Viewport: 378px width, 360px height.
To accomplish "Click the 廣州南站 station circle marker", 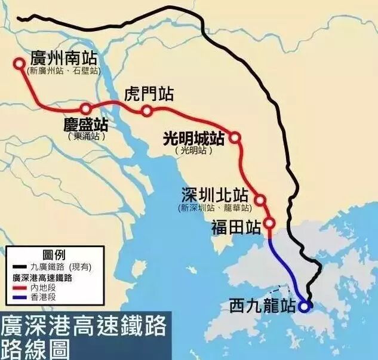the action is (x=19, y=63).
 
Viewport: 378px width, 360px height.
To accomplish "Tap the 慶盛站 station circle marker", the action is (x=86, y=109).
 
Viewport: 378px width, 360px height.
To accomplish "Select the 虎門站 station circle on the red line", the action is (x=147, y=110).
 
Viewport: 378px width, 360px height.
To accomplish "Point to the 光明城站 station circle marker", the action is (x=235, y=138).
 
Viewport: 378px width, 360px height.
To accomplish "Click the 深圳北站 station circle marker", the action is (x=260, y=199).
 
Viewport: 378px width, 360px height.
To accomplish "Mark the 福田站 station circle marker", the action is (x=269, y=224).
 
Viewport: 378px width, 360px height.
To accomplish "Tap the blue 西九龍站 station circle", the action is (x=305, y=307).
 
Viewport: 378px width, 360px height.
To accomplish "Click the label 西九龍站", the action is (x=263, y=307).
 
